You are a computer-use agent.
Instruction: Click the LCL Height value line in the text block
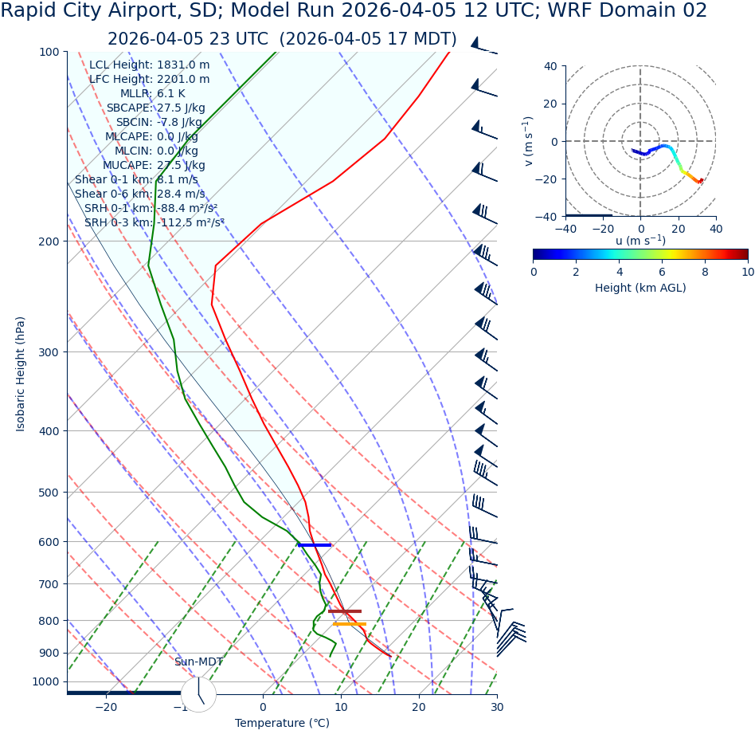[x=150, y=65]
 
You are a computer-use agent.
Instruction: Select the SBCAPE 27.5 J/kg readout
[x=155, y=108]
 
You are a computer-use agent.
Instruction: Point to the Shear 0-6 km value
[x=139, y=194]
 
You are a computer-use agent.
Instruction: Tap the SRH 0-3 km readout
[x=155, y=222]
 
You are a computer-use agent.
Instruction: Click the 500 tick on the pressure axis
[x=49, y=493]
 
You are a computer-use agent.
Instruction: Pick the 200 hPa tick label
[x=49, y=241]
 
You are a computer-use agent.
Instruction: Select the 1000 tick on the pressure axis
[x=45, y=681]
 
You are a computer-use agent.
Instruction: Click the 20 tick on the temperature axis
[x=419, y=707]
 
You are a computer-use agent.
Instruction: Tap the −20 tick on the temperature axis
[x=105, y=707]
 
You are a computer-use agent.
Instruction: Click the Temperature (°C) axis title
[x=282, y=724]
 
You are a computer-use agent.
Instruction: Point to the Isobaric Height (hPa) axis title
[x=21, y=374]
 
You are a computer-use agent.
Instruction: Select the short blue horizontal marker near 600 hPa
[x=315, y=545]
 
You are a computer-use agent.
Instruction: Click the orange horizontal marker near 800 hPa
[x=349, y=624]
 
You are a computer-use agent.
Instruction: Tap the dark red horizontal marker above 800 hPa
[x=344, y=611]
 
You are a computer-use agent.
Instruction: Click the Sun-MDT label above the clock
[x=198, y=662]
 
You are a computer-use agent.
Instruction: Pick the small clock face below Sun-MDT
[x=198, y=694]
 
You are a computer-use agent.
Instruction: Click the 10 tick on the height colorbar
[x=747, y=272]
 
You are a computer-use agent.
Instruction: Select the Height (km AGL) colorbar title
[x=640, y=288]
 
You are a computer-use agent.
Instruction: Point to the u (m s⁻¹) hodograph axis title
[x=640, y=241]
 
